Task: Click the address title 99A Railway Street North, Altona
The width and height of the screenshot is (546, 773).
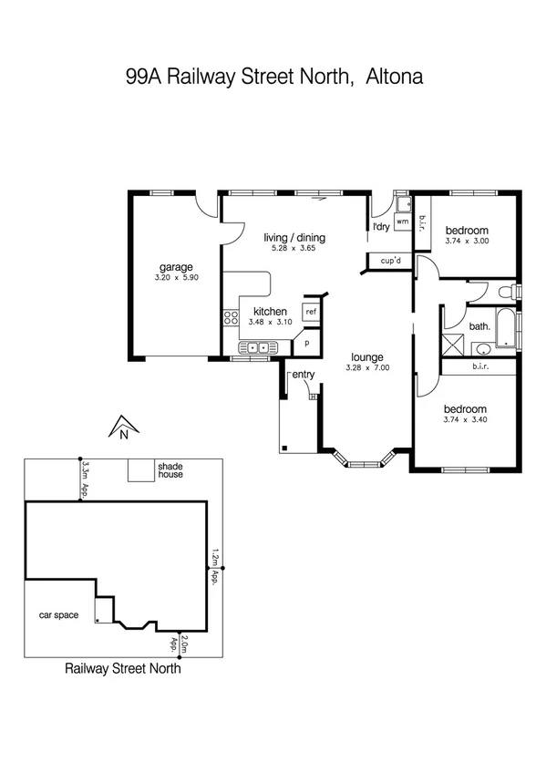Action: point(273,77)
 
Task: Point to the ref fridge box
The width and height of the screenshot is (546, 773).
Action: point(311,312)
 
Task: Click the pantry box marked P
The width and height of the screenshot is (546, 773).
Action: point(306,344)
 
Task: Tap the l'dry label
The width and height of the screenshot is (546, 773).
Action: point(381,227)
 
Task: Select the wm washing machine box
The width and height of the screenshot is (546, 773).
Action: point(401,222)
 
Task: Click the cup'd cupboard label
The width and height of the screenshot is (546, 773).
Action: point(392,261)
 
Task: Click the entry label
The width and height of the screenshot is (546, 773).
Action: point(303,375)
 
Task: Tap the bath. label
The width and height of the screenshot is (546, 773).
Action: point(479,325)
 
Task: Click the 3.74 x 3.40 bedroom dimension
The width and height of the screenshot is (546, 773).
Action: point(466,420)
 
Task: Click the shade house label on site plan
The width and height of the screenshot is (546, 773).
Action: point(170,470)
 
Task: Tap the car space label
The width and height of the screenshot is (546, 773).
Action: point(58,615)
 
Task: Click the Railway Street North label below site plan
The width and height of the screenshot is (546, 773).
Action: point(123,668)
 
